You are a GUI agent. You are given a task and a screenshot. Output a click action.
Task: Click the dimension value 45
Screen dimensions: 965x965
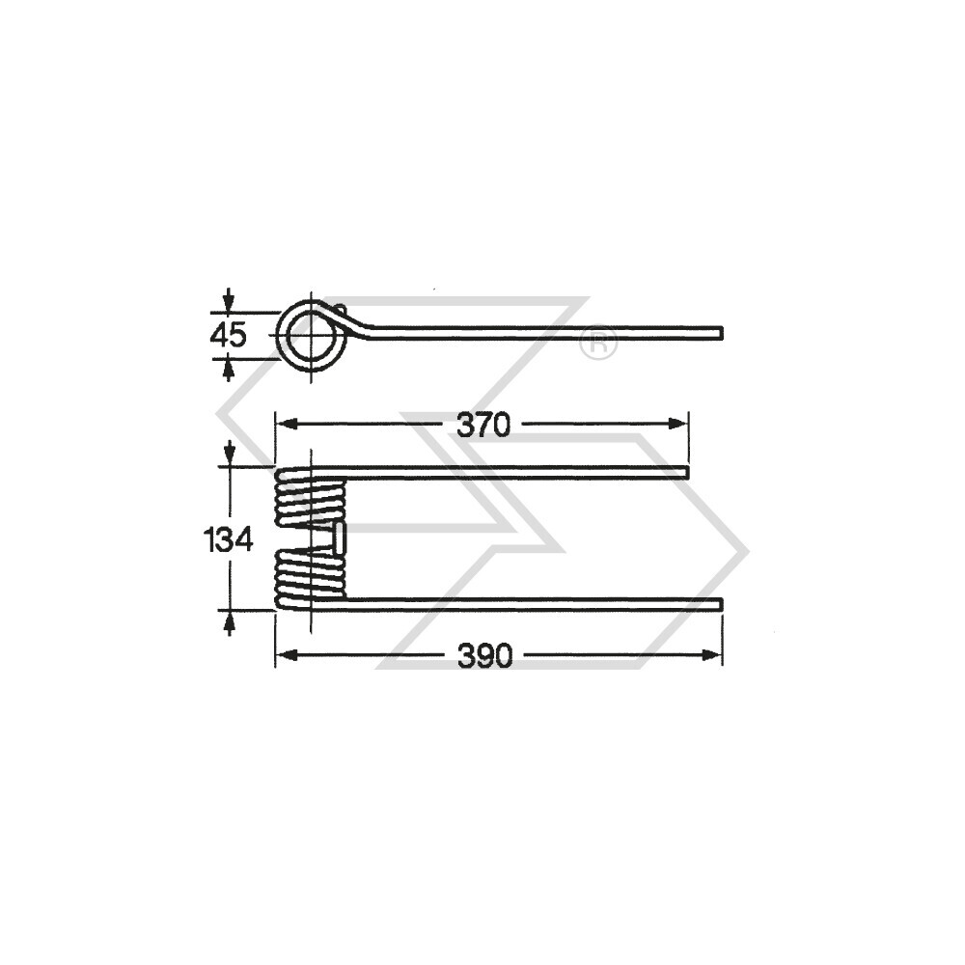(229, 335)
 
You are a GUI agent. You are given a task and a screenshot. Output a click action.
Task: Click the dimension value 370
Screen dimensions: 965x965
(482, 425)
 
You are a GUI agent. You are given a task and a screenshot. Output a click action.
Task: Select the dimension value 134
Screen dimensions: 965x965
(229, 538)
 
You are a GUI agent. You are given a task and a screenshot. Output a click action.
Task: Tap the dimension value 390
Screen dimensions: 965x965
(483, 656)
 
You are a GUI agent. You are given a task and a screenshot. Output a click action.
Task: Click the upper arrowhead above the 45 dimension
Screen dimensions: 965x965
(229, 302)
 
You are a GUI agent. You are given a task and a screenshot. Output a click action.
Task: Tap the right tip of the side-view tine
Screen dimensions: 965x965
(719, 334)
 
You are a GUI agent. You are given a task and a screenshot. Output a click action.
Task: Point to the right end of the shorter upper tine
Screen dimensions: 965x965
(686, 472)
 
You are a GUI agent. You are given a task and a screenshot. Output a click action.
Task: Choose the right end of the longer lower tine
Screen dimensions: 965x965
(719, 604)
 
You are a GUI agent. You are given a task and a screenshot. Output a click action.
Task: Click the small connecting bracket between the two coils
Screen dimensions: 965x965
(339, 538)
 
